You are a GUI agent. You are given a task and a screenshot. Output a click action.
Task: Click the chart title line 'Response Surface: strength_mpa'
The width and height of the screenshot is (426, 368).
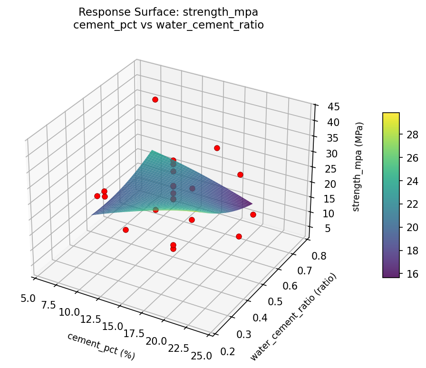point(169,12)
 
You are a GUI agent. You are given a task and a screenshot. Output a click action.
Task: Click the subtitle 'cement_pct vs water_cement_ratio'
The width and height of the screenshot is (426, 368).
point(169,24)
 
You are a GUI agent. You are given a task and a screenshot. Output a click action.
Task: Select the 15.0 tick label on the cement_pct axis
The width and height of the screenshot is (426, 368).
point(112,327)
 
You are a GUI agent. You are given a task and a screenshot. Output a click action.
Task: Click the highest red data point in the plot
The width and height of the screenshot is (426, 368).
point(155,99)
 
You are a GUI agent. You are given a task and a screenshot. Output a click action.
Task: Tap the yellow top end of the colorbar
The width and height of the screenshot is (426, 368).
point(391,115)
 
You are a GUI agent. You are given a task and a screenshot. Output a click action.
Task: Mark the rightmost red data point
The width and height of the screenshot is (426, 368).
point(253,215)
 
